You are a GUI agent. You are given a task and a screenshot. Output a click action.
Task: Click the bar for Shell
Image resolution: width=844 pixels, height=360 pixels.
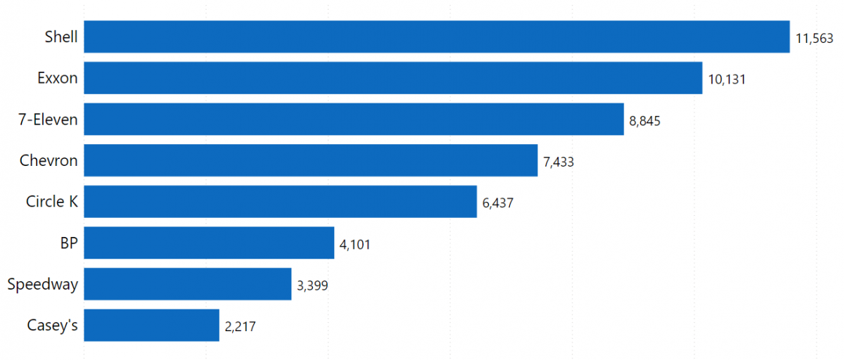click(436, 37)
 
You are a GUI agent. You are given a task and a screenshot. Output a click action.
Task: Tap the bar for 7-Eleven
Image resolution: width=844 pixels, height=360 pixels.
click(353, 120)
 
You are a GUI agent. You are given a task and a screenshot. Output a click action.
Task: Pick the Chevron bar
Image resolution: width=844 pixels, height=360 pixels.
click(310, 160)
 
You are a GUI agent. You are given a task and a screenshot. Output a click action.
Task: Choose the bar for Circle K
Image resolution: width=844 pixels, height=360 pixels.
click(280, 202)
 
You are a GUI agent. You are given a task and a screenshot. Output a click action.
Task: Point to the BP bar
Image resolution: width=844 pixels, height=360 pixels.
click(209, 243)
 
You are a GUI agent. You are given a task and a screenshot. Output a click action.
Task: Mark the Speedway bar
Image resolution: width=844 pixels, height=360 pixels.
click(187, 284)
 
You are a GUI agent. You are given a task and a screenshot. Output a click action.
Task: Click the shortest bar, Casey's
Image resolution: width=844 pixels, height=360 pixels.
click(151, 325)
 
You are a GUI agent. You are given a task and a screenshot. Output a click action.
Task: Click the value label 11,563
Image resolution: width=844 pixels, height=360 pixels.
click(814, 38)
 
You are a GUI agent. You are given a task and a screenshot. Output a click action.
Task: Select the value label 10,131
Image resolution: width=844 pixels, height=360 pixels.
click(727, 79)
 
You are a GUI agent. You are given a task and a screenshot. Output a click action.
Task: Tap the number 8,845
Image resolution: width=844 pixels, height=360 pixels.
click(645, 121)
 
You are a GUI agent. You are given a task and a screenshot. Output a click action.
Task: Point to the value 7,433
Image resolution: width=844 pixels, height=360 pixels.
click(558, 162)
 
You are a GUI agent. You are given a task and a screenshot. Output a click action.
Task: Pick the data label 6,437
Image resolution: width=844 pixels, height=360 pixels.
click(498, 203)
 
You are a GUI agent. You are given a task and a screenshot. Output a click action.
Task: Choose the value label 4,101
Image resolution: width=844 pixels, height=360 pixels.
click(354, 245)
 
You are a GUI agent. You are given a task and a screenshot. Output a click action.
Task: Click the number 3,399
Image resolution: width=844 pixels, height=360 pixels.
click(312, 285)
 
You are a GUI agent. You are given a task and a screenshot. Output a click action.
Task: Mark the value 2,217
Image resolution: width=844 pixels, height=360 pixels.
click(241, 326)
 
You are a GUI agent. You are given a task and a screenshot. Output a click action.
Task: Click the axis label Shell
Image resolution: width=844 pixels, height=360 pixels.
click(61, 37)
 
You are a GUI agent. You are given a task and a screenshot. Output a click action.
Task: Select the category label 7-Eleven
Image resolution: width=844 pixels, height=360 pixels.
click(48, 120)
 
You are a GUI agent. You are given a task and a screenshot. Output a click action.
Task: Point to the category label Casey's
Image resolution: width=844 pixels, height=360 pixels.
click(52, 326)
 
